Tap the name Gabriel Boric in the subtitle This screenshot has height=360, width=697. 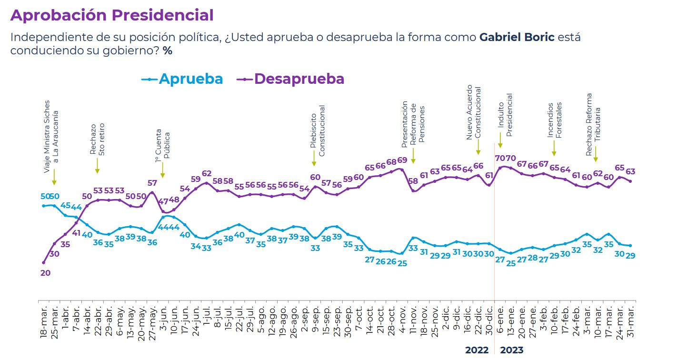click(517, 37)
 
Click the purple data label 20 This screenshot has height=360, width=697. click(46, 273)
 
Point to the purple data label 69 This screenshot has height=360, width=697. click(402, 160)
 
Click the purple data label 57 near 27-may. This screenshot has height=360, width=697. click(152, 183)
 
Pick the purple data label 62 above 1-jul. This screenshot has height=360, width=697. click(207, 173)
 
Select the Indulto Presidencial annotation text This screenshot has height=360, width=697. click(505, 115)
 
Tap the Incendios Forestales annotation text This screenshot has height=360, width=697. click(555, 120)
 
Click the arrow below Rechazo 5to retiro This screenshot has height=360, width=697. click(97, 166)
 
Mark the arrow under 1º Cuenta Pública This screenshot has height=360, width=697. click(162, 170)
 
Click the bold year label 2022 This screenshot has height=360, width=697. click(477, 350)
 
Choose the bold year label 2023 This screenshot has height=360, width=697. click(511, 350)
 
